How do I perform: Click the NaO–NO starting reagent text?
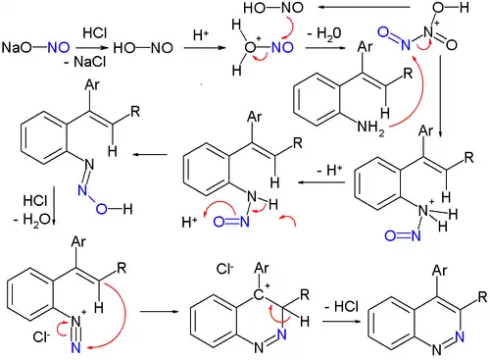tap(32, 46)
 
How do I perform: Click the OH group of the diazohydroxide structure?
tap(94, 208)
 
